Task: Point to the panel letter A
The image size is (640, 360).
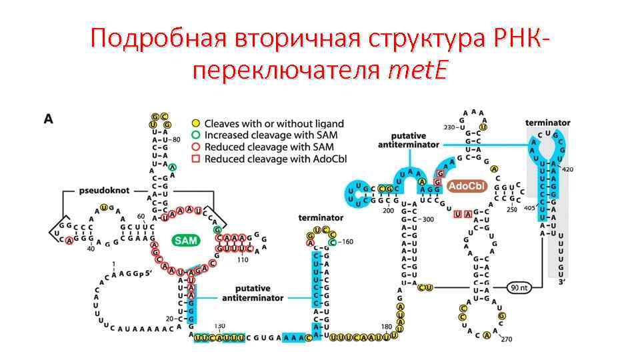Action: (49, 119)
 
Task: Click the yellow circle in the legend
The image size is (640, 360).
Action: (195, 123)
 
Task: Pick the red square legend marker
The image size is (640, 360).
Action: (195, 159)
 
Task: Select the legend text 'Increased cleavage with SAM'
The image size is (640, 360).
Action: (271, 135)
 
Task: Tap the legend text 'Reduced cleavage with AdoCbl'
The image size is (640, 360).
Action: (275, 159)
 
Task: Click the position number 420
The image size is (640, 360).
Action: (567, 169)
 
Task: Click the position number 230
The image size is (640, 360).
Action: (449, 127)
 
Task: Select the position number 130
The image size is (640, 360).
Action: (219, 326)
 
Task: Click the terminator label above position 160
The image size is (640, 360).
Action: (321, 217)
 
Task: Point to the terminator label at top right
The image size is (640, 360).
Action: (547, 123)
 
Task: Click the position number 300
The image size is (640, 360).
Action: (427, 219)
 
